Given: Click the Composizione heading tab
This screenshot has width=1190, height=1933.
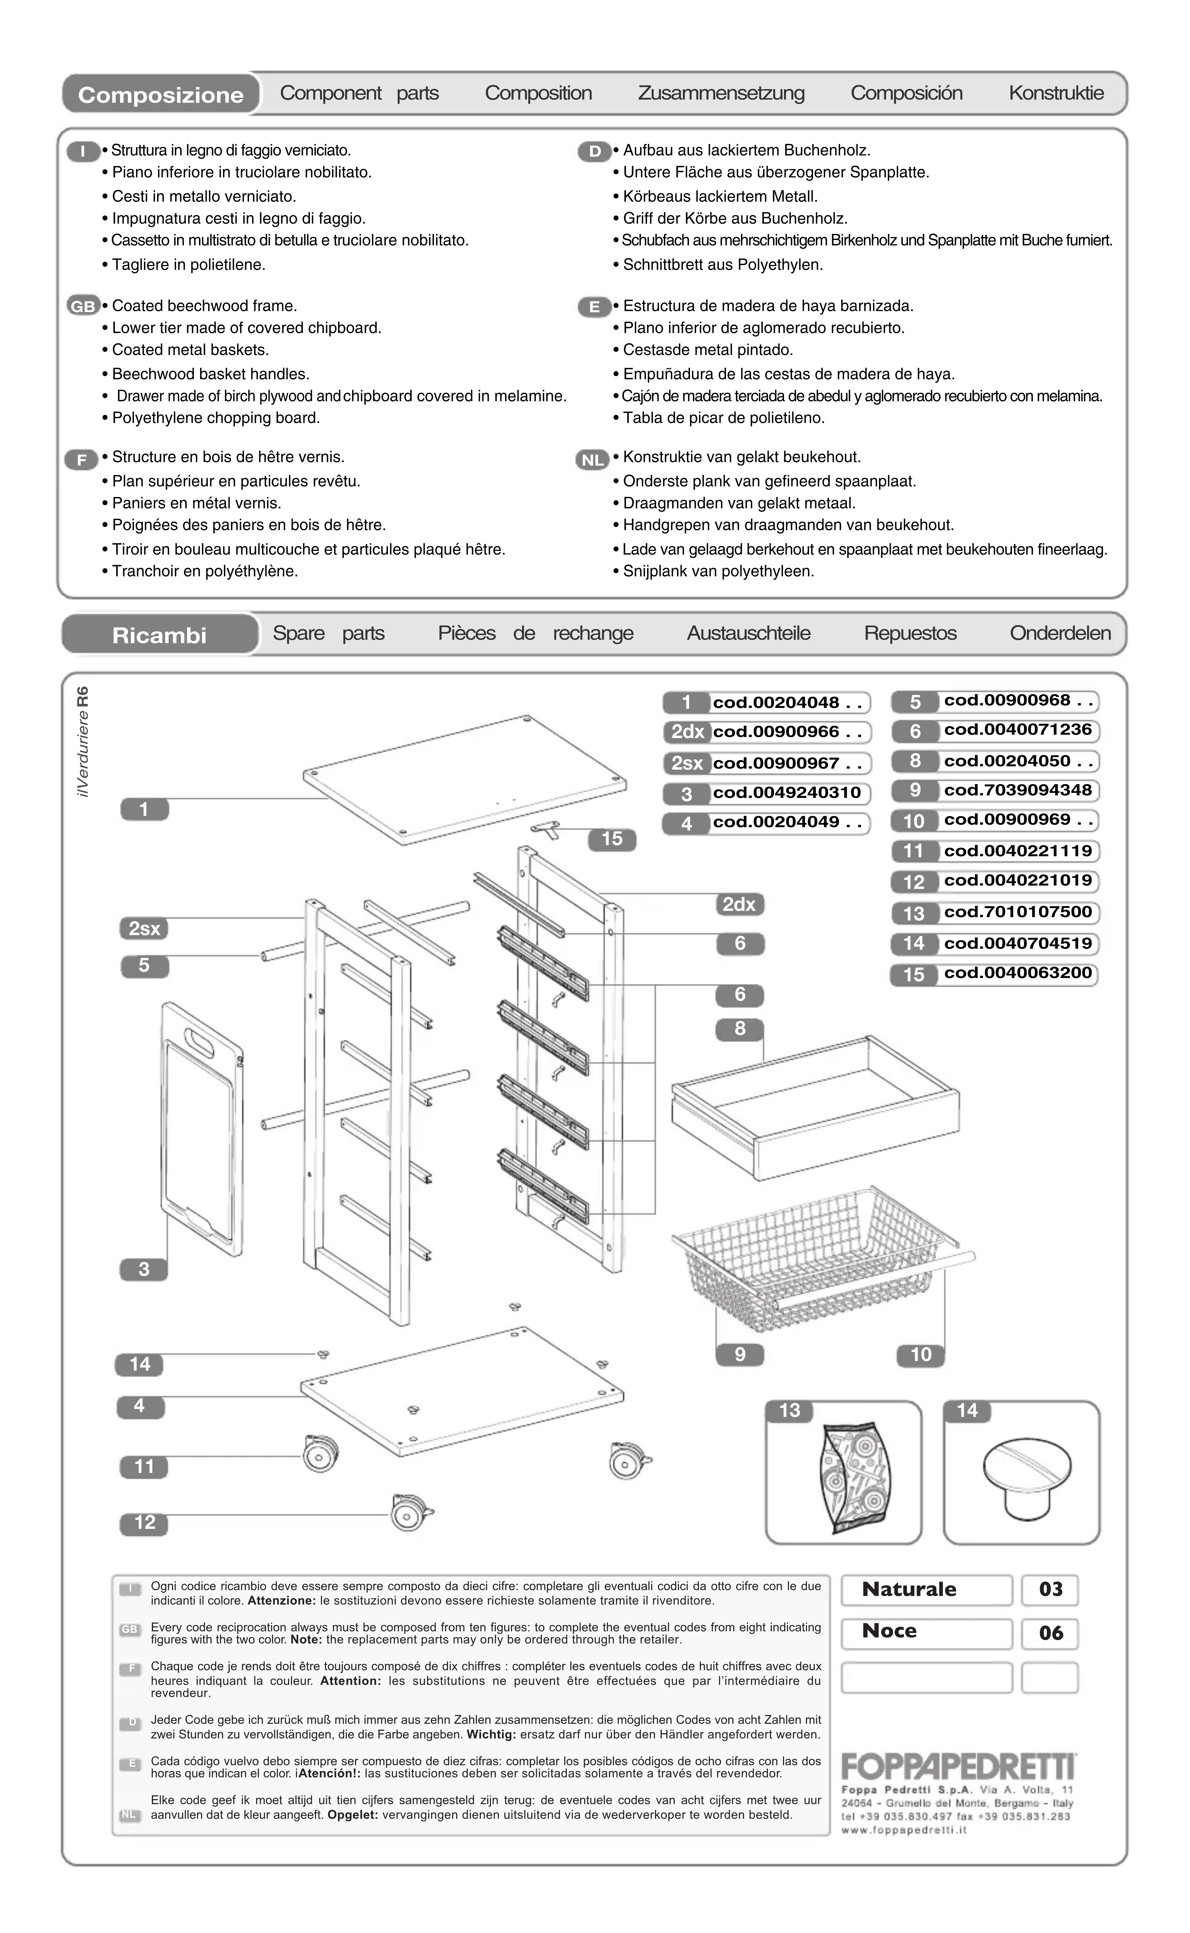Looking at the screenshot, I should pos(160,94).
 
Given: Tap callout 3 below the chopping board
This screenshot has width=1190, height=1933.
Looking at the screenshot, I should pos(143,1269).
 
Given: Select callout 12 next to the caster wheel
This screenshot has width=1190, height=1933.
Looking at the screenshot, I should pos(144,1522).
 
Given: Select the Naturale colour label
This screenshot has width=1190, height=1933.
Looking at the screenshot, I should pos(910,1589).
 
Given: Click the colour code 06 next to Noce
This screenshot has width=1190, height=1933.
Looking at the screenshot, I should pos(1051,1633).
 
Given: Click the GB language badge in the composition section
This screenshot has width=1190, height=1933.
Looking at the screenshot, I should pos(83,306).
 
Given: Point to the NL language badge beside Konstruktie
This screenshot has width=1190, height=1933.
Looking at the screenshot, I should pos(593,459).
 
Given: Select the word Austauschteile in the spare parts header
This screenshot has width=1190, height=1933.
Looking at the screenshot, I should pos(749,633).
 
